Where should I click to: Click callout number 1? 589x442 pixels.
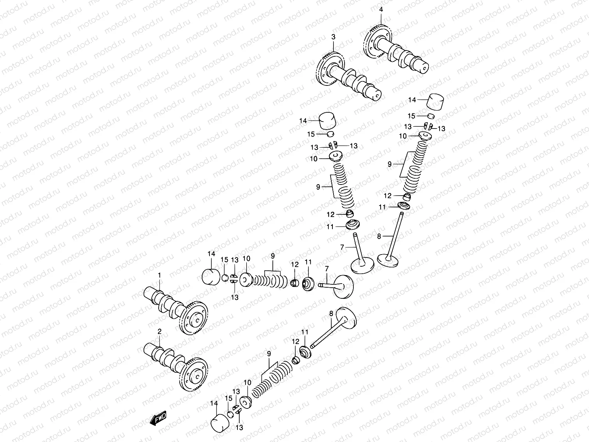coord(159,275)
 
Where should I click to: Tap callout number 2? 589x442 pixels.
coord(159,331)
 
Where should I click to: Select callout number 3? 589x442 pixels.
coord(333,37)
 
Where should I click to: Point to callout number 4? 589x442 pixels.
coord(381,10)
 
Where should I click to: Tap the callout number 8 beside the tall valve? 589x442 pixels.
coord(379,236)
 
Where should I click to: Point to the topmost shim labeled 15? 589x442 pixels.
coord(431,116)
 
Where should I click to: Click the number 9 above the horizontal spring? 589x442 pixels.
coord(273,255)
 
